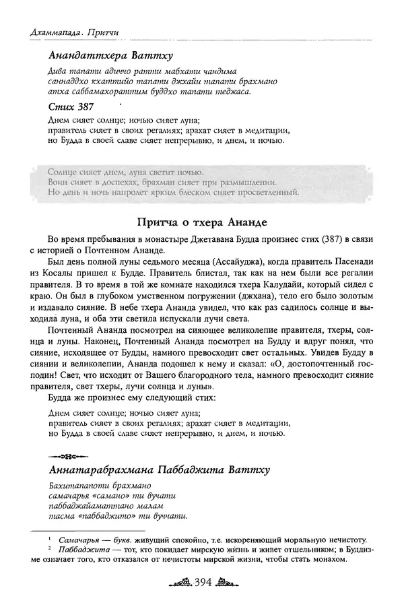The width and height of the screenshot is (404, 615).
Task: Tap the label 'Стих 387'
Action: tap(71, 106)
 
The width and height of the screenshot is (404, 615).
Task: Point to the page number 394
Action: tap(202, 581)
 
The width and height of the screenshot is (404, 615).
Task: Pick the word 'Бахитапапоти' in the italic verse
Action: tap(75, 486)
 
